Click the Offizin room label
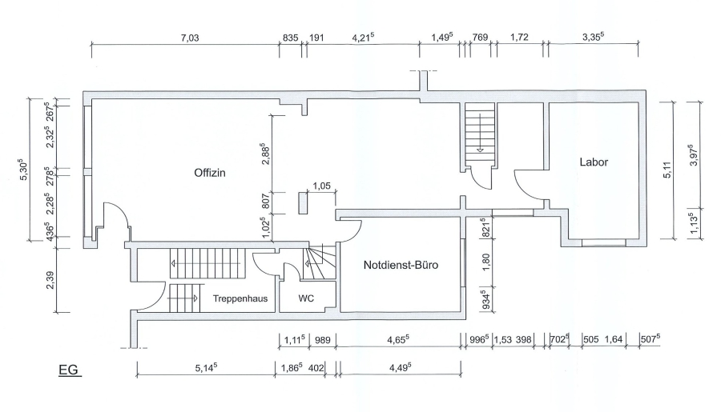210,173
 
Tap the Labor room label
594,162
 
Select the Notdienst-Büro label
401,265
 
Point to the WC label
306,298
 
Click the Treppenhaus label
240,298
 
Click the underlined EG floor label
69,370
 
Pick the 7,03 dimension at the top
189,38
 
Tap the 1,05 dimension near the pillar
321,186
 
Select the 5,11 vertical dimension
667,170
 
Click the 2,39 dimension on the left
50,280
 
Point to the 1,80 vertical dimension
486,262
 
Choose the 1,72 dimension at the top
519,38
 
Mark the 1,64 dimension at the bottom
613,339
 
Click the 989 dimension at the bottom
322,340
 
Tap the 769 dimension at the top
480,38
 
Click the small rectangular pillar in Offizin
303,203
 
